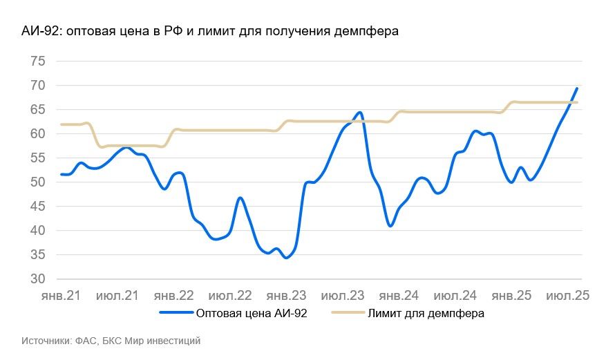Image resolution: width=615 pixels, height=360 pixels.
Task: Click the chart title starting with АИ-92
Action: click(210, 31)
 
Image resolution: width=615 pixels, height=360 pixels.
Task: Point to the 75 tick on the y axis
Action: click(37, 61)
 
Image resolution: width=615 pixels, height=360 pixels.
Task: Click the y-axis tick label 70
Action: click(37, 86)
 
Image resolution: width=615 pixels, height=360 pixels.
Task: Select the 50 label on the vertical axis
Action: click(37, 182)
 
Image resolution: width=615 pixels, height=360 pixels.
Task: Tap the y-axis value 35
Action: click(37, 255)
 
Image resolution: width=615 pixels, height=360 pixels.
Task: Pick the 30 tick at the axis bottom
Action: click(37, 279)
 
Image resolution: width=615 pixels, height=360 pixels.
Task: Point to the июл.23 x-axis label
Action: click(343, 296)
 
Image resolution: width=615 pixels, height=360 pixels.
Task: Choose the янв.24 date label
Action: click(399, 296)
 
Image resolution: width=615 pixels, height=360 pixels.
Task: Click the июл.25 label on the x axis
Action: click(567, 296)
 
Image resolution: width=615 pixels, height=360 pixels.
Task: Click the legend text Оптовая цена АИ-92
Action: click(252, 314)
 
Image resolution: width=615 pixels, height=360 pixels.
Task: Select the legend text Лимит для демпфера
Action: click(426, 314)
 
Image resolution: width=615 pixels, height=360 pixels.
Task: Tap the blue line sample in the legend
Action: click(176, 314)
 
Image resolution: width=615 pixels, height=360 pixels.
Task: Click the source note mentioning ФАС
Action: click(111, 341)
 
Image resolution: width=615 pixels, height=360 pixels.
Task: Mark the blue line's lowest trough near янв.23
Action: click(285, 258)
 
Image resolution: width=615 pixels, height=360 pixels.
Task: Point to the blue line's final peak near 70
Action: click(577, 88)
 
